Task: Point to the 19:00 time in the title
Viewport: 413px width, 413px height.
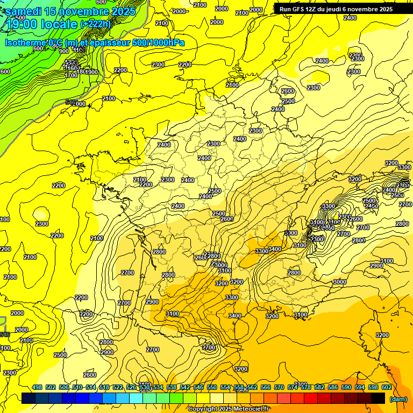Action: coord(22,24)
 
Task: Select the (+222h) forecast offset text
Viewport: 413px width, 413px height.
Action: coord(95,24)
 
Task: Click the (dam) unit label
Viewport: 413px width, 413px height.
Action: coord(397,399)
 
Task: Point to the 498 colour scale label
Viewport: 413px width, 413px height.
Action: coord(37,387)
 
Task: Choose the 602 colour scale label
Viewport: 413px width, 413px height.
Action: coord(387,387)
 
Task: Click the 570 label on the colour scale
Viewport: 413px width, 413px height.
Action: coord(279,387)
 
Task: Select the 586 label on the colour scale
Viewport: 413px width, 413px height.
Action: coord(333,387)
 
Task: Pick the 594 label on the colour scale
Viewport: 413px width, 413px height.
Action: coord(360,387)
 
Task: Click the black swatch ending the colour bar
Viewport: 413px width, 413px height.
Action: coord(378,398)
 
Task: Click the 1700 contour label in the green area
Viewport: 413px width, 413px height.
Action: coord(72,75)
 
